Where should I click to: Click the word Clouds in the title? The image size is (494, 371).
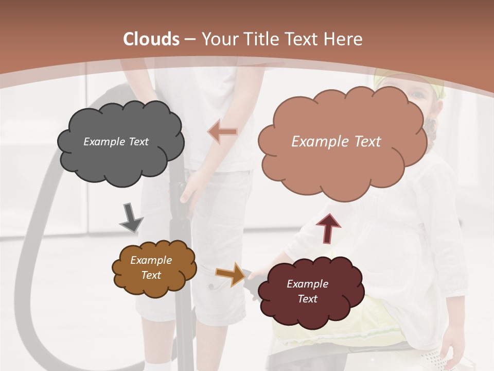click(x=151, y=39)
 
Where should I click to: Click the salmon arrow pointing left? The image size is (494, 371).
click(x=222, y=132)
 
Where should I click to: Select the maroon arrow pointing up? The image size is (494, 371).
click(x=329, y=227)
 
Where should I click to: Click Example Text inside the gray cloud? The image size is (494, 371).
click(x=116, y=142)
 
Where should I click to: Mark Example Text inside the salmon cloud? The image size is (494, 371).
click(x=337, y=142)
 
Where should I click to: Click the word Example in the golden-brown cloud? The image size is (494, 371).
click(x=151, y=261)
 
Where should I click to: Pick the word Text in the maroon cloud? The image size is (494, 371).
click(x=307, y=299)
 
